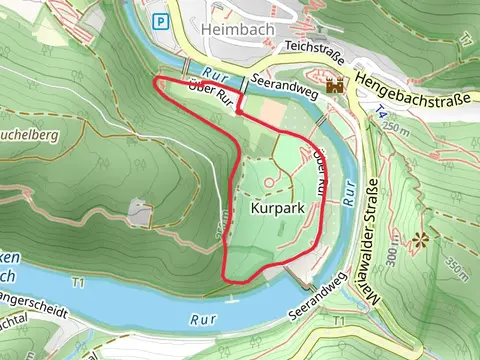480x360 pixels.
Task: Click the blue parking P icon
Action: click(160, 20)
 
